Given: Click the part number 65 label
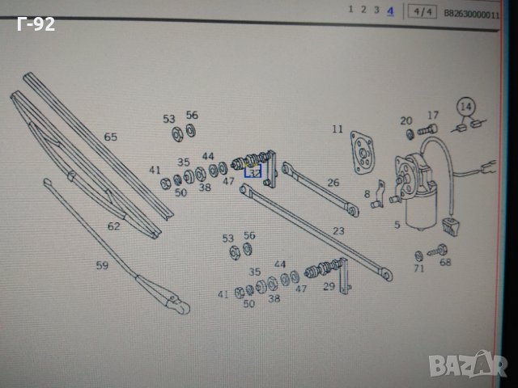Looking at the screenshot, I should tap(111, 137).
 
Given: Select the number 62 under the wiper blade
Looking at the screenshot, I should tap(114, 226).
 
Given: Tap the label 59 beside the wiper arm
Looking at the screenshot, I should tap(102, 264).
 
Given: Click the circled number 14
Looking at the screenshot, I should tap(465, 106).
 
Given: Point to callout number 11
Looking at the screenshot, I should tap(338, 129).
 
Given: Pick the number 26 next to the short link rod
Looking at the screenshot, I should tap(333, 183).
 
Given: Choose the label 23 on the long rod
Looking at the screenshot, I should tap(338, 230).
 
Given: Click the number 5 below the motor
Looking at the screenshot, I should tap(397, 226).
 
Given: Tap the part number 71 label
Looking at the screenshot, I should tap(419, 268).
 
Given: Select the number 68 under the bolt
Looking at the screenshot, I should tap(445, 261).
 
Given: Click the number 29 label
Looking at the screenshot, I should tap(329, 286).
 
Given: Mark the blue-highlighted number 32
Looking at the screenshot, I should tap(253, 172).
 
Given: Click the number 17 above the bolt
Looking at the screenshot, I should tap(433, 116).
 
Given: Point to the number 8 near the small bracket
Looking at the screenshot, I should tap(367, 194).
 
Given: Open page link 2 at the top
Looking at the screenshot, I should tap(363, 10).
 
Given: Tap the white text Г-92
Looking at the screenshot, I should tap(36, 25).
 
